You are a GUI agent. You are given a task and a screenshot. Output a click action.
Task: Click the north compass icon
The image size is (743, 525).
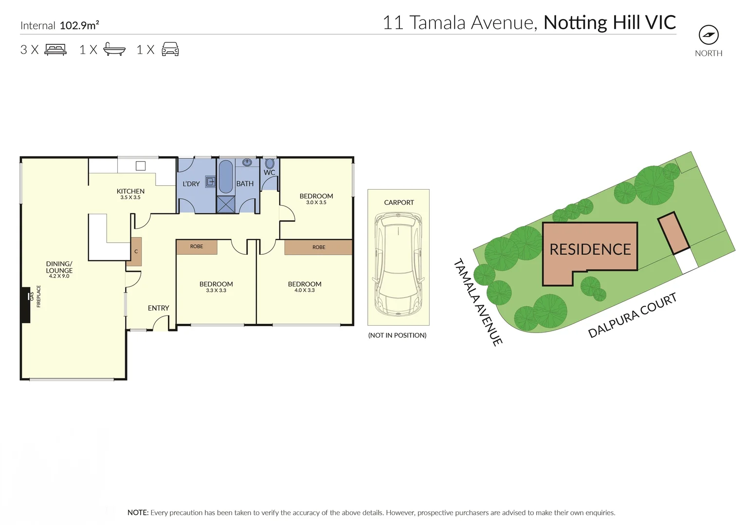click(x=708, y=35)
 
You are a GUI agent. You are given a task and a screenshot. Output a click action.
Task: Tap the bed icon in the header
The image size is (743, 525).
click(x=55, y=50)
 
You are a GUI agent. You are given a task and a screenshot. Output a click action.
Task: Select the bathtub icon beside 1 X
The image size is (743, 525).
click(x=114, y=50)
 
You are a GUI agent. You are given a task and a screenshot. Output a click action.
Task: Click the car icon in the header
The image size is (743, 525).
click(x=170, y=49)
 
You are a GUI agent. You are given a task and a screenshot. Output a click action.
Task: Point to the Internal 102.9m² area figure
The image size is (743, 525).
click(x=79, y=25)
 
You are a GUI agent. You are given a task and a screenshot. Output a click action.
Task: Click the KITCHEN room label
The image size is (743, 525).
click(x=130, y=191)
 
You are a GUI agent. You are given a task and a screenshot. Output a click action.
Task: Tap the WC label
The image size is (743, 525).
click(x=269, y=173)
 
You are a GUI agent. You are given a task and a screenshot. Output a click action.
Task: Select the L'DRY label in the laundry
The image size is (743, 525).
click(x=191, y=184)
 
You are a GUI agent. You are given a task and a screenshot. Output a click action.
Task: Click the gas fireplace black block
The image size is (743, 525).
click(x=25, y=305)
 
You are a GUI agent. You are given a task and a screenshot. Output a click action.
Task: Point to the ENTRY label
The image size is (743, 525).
click(x=159, y=308)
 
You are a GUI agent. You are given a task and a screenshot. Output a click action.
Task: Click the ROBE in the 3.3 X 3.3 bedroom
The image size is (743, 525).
click(x=197, y=246)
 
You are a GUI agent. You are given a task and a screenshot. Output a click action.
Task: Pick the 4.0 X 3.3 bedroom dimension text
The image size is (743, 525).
click(x=305, y=290)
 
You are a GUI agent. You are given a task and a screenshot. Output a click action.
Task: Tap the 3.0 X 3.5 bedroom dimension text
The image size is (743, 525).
click(x=316, y=202)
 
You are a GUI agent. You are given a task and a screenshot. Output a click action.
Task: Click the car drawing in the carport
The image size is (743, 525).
click(x=398, y=265)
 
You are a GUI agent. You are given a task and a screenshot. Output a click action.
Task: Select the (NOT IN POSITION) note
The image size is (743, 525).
click(x=397, y=335)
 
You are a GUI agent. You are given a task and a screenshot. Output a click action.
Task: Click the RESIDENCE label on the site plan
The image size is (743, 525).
click(x=590, y=249)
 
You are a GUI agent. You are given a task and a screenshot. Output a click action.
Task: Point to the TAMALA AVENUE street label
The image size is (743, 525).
click(x=478, y=302)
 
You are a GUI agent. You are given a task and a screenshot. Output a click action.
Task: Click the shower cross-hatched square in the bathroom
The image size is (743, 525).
click(x=226, y=204)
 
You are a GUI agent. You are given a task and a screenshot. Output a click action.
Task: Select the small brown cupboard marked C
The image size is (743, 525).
click(x=136, y=251)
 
